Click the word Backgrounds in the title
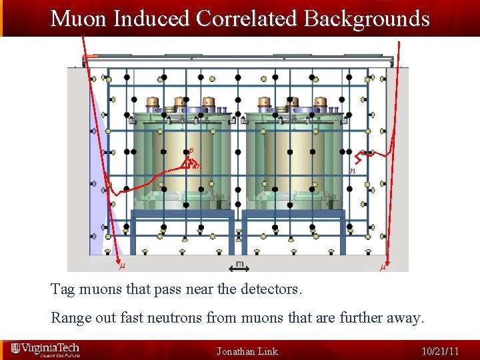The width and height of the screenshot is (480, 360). click(367, 18)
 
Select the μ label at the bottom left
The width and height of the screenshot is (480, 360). click(121, 268)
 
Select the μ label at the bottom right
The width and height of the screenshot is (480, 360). click(383, 268)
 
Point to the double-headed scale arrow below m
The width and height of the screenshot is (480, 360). click(239, 269)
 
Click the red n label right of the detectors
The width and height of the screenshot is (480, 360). click(353, 171)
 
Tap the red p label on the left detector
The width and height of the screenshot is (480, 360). click(191, 151)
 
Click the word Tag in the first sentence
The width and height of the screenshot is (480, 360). click(63, 291)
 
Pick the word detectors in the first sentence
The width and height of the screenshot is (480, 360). click(271, 291)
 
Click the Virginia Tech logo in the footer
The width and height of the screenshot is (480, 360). click(45, 349)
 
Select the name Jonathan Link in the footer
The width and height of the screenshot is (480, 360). click(247, 351)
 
